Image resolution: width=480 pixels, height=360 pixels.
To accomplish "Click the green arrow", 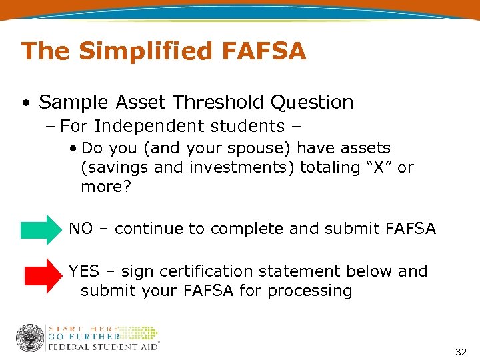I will (x=40, y=229).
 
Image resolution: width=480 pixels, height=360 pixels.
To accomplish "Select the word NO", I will (x=81, y=229).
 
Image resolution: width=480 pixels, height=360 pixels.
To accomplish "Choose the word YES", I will (x=84, y=271).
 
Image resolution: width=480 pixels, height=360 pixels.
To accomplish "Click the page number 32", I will (x=461, y=351).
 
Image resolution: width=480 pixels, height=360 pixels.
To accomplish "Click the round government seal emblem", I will (x=30, y=338).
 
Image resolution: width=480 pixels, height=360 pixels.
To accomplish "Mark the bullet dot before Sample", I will (x=25, y=103).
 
